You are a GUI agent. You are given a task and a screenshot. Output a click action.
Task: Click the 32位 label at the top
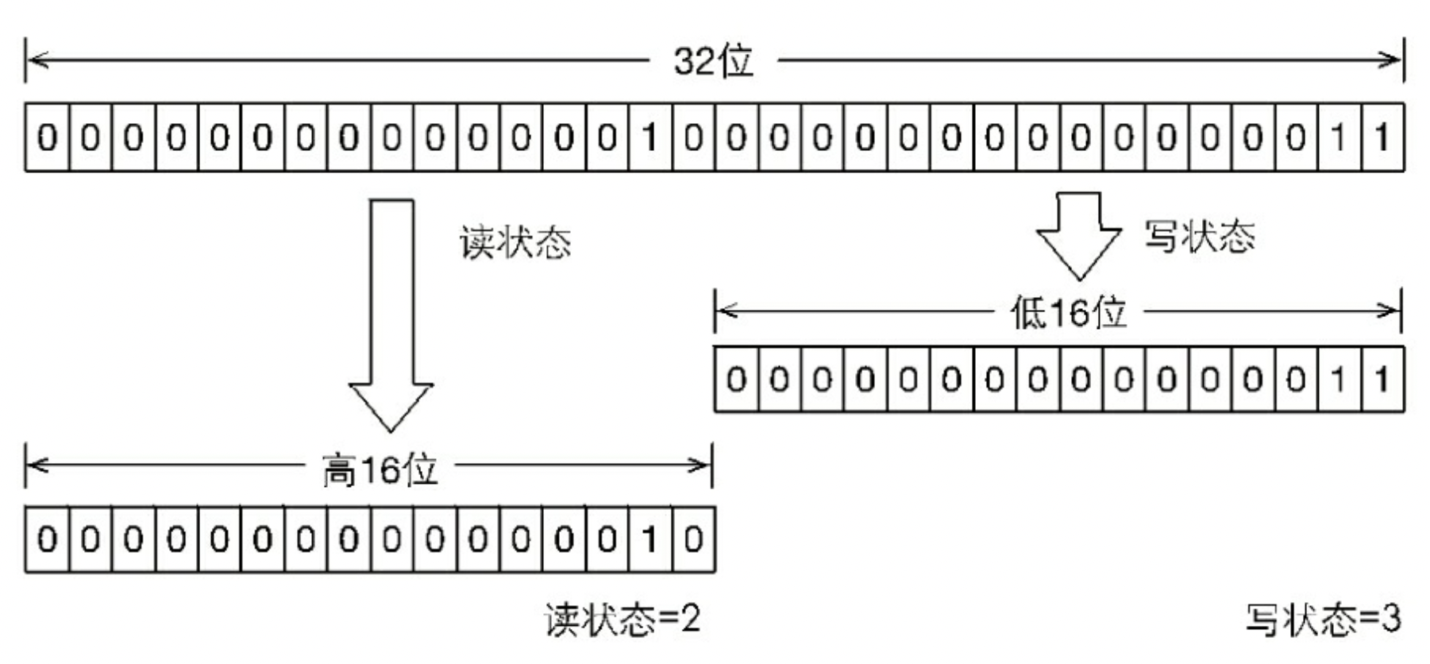point(713,60)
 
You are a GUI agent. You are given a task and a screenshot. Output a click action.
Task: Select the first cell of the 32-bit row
point(48,137)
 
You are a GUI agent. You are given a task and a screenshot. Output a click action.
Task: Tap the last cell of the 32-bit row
point(1382,137)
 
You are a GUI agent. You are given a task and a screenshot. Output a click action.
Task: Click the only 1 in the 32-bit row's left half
point(650,137)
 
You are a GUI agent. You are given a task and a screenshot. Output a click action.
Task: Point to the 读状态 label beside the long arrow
point(515,241)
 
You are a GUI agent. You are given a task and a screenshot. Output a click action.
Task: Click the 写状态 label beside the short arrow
point(1200,237)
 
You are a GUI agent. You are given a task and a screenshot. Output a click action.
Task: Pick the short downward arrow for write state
point(1079,236)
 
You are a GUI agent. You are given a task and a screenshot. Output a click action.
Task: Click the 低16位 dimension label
point(1068,312)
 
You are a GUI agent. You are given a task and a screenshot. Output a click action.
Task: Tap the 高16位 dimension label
point(380,469)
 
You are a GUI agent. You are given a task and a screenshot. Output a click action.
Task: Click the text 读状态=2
point(622,620)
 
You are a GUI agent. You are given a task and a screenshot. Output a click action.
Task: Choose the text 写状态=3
point(1324,620)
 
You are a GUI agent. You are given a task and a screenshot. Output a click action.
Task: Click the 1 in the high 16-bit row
point(650,539)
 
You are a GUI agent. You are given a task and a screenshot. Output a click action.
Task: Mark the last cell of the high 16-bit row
point(693,539)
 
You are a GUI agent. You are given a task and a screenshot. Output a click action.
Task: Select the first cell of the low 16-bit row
point(737,379)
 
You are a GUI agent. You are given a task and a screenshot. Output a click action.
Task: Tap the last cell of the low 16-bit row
point(1382,379)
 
